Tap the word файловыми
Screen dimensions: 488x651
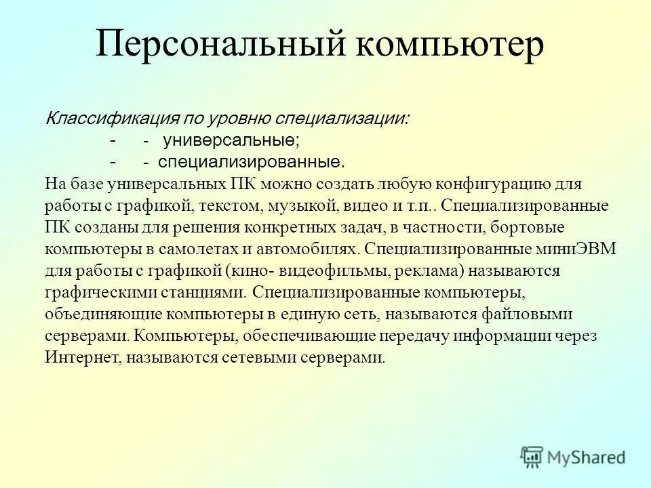pyautogui.click(x=530, y=314)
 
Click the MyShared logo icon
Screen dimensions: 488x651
pyautogui.click(x=532, y=457)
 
